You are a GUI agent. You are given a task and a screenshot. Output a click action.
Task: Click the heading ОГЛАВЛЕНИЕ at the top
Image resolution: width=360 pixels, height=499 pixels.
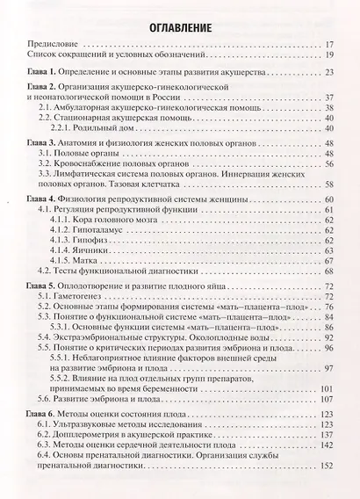pyautogui.click(x=179, y=27)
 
